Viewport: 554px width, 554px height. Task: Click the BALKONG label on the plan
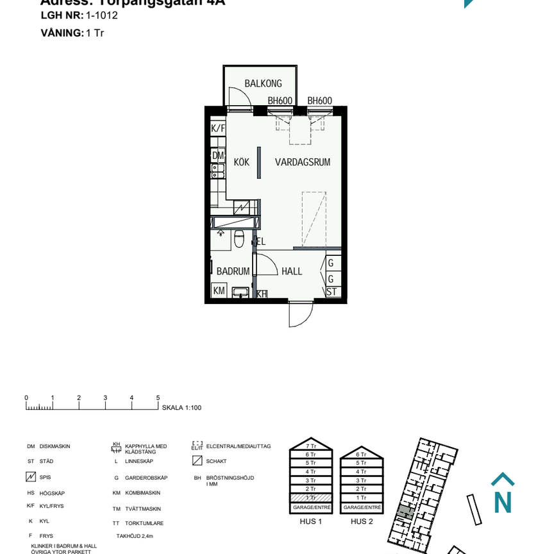point(263,84)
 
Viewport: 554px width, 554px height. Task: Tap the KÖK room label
point(242,162)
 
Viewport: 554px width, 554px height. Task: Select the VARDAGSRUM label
point(303,162)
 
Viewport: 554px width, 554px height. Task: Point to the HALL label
point(292,271)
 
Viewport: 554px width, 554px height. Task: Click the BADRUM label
point(233,271)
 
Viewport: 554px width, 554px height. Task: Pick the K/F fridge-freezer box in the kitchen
point(218,128)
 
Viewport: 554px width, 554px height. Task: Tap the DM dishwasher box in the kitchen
point(218,155)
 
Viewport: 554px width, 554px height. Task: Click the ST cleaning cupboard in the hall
point(332,292)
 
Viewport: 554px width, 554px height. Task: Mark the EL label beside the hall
point(261,242)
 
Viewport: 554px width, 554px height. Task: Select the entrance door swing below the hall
point(299,314)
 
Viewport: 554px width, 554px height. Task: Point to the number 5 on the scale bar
point(158,398)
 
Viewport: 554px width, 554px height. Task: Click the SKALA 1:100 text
point(182,408)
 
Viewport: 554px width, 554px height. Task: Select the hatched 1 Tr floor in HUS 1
point(311,498)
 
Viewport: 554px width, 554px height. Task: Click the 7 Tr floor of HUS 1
point(311,446)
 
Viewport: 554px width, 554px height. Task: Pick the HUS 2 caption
point(362,521)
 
